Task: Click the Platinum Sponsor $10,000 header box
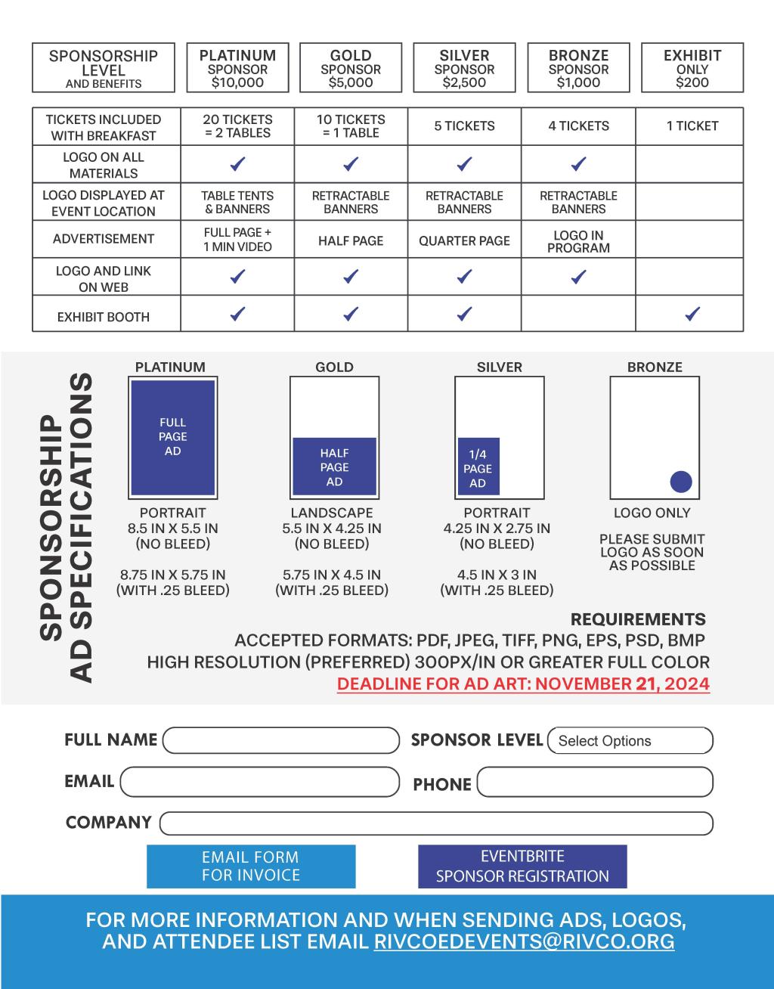(237, 68)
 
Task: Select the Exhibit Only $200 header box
(692, 68)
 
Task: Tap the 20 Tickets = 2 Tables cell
(237, 126)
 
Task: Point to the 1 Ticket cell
(692, 126)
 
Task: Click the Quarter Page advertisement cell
(464, 240)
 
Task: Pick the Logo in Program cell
(578, 240)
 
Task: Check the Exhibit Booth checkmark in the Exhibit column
(692, 314)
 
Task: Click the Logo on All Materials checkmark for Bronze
(578, 163)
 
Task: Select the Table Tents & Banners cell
(237, 202)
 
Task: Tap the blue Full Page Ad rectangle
(173, 437)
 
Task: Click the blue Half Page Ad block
(334, 467)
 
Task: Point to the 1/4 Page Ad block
(478, 467)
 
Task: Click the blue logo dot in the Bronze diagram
(681, 482)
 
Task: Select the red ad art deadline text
(523, 684)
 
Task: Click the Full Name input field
(280, 740)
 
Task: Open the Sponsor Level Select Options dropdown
(630, 741)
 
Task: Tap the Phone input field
(595, 783)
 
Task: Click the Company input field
(436, 823)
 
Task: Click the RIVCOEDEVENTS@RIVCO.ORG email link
(524, 942)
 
